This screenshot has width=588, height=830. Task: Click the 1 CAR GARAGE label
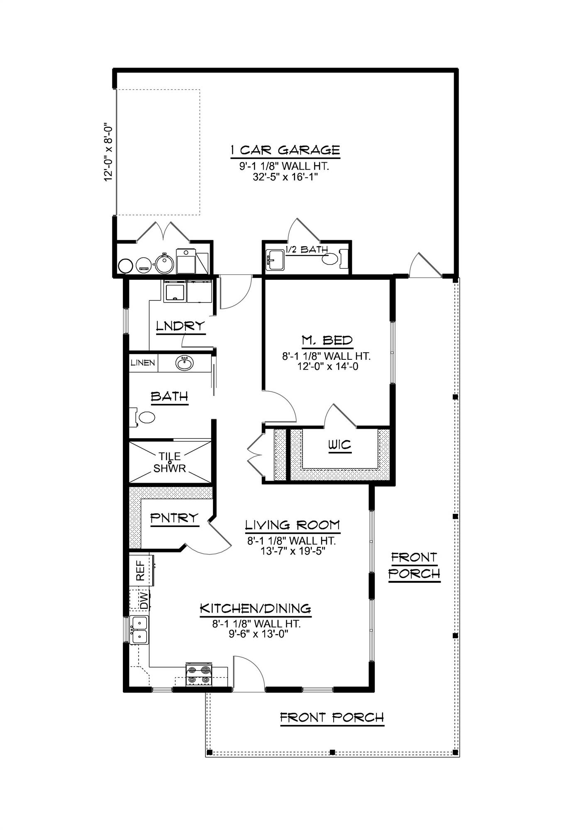click(x=285, y=150)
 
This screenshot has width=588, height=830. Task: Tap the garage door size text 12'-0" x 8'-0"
click(x=109, y=151)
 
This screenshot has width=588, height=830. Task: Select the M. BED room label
click(x=327, y=340)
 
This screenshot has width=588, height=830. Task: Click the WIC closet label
click(x=339, y=446)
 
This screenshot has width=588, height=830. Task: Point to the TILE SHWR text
click(x=169, y=462)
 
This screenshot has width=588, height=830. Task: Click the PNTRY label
click(x=174, y=518)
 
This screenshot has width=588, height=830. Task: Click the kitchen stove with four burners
click(x=199, y=675)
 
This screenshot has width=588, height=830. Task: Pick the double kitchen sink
click(x=139, y=630)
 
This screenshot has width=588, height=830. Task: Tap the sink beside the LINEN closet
click(x=184, y=363)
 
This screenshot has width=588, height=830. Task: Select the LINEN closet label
click(x=143, y=363)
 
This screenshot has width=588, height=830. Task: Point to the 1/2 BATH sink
click(x=274, y=260)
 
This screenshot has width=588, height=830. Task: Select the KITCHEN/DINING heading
click(x=256, y=608)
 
